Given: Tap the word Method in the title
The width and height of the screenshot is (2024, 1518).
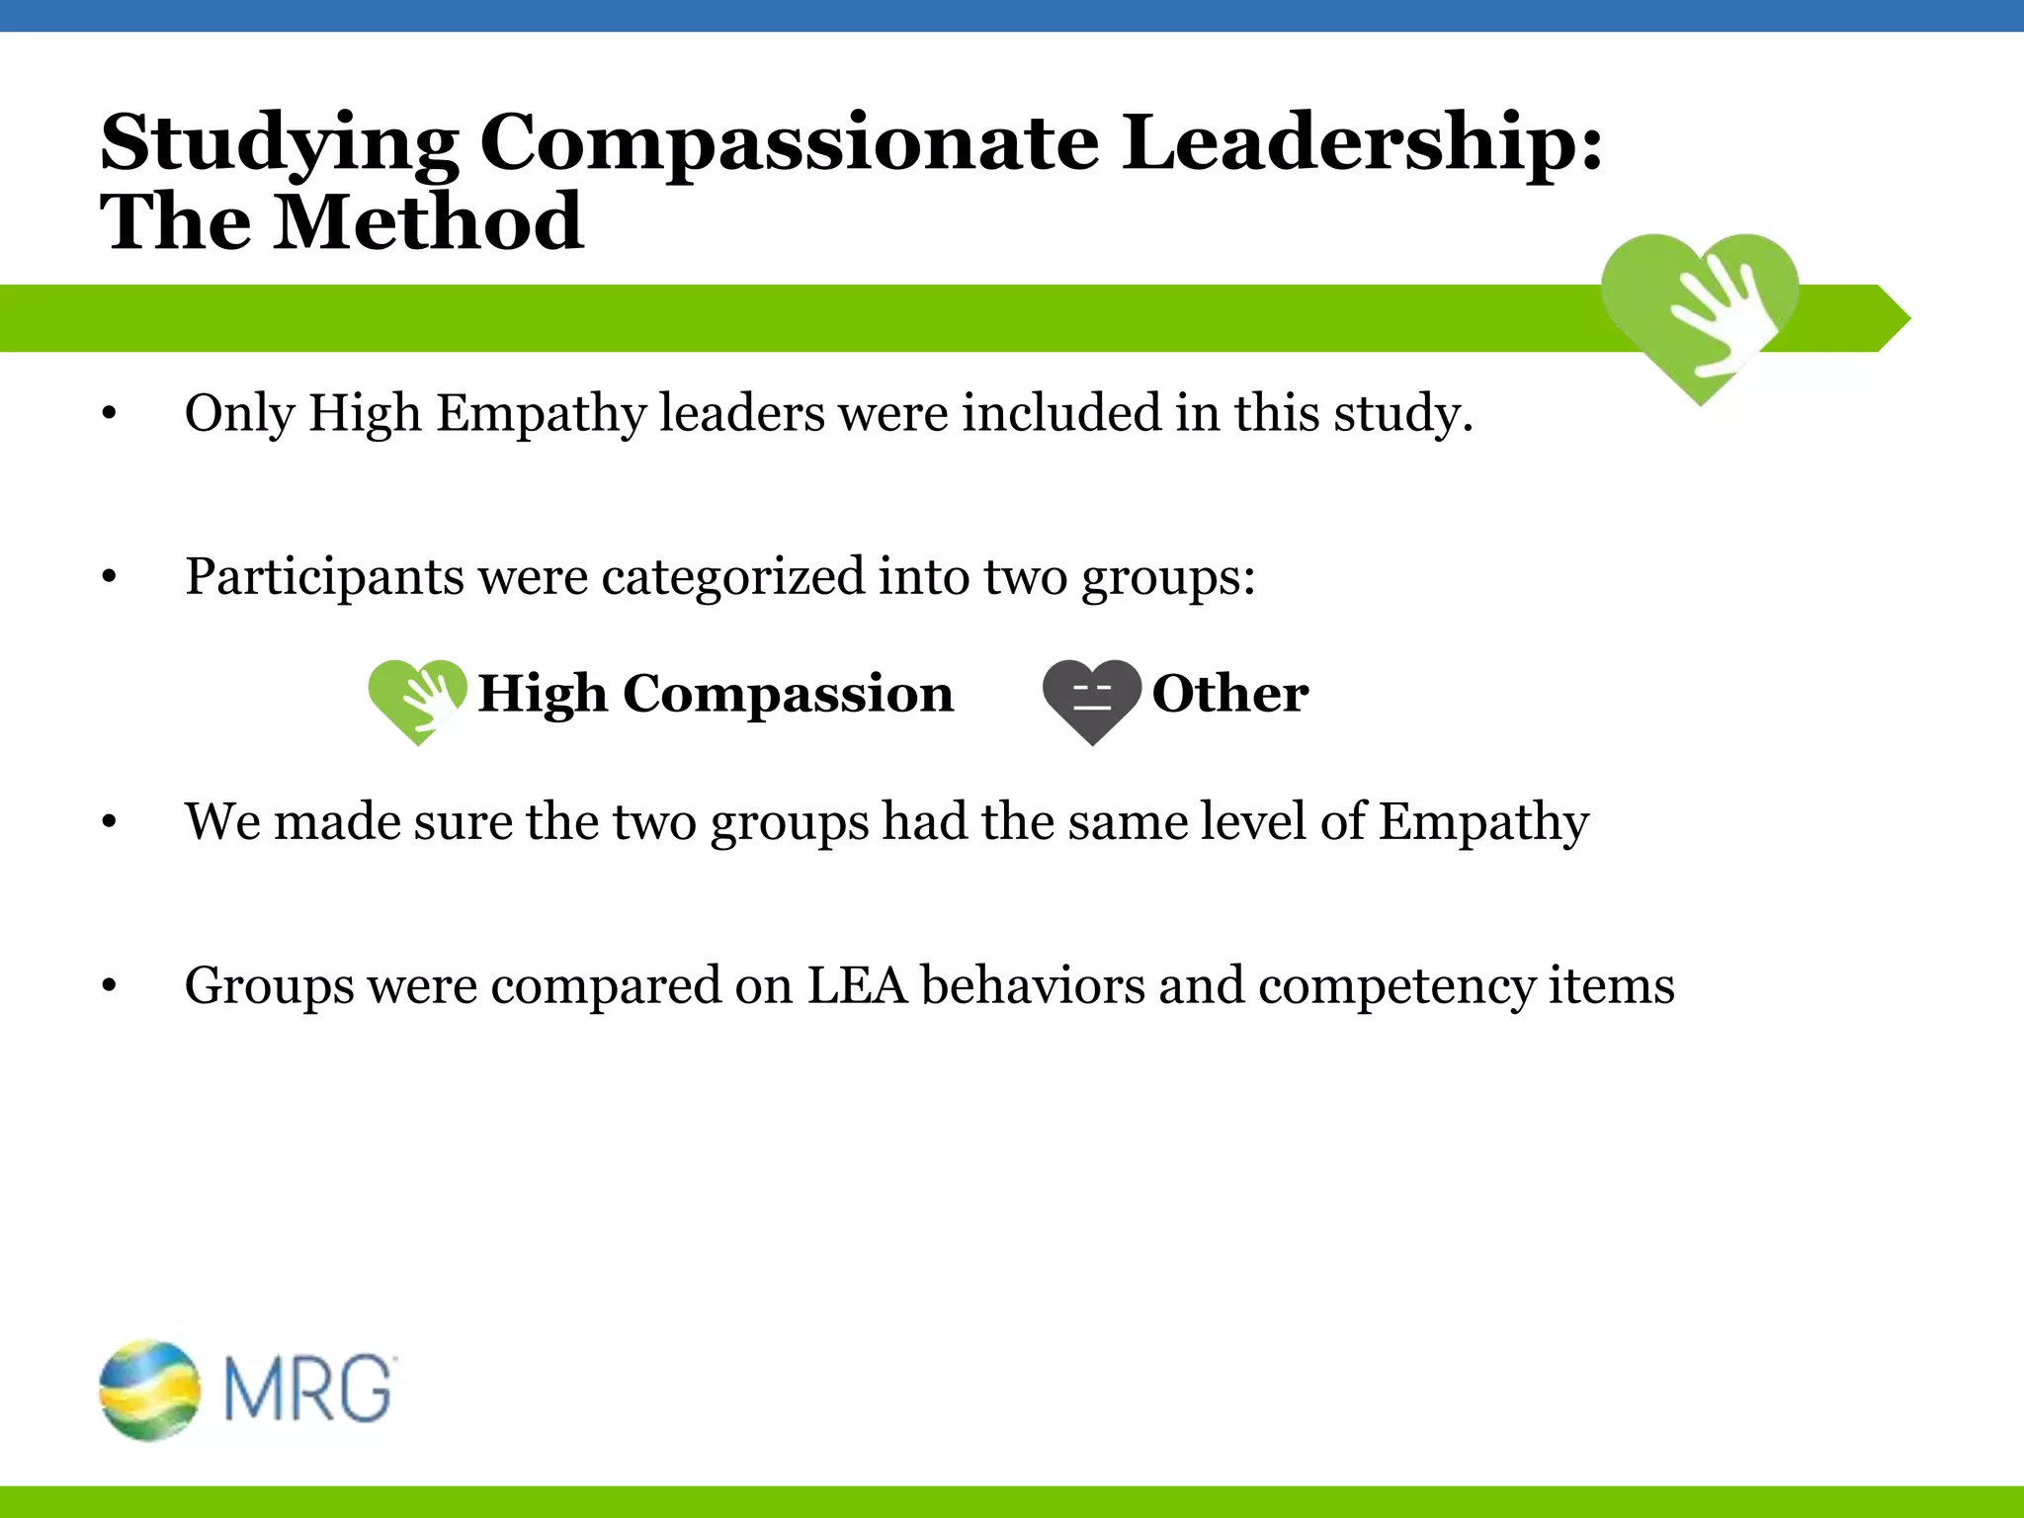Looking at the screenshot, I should (x=428, y=223).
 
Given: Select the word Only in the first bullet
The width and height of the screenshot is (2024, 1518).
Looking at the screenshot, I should (x=239, y=414).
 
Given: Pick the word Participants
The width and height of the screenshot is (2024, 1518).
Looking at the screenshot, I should (x=324, y=577).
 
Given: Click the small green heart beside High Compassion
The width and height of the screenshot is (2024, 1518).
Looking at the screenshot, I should (x=416, y=698).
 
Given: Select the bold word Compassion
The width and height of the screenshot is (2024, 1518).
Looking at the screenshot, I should (x=788, y=695).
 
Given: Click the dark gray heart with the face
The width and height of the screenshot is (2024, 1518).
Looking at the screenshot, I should (x=1091, y=698).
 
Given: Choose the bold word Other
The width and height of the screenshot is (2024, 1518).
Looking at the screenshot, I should (x=1230, y=694).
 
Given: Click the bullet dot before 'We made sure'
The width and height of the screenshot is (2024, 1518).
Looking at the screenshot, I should (x=110, y=822).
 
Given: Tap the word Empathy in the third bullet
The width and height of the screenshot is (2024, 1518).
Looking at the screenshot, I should (x=1483, y=822).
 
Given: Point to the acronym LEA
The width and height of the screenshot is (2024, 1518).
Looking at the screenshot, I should (x=857, y=986).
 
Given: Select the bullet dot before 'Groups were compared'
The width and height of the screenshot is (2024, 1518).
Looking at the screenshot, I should (x=110, y=986).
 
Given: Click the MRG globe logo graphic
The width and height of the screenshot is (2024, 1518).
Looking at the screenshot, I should (x=150, y=1390).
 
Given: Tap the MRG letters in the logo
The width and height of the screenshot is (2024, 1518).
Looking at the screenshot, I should (x=309, y=1390).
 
